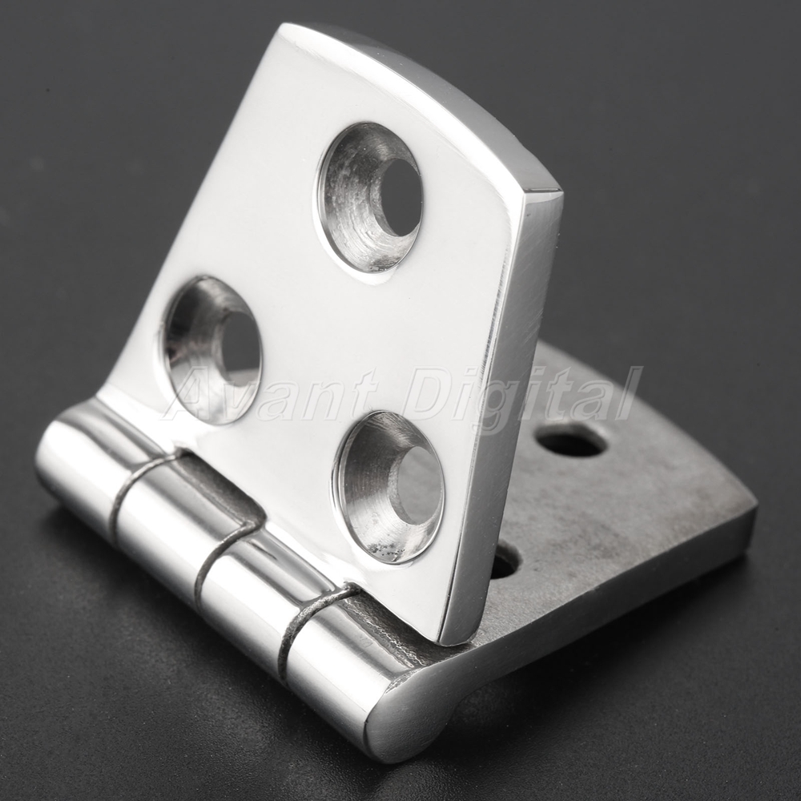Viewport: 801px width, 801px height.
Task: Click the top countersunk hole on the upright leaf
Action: [x=369, y=198]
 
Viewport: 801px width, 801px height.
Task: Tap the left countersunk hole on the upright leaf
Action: [x=213, y=351]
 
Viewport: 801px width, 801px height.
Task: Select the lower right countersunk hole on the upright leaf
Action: [x=388, y=487]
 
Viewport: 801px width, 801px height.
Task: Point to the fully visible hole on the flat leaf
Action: [x=571, y=441]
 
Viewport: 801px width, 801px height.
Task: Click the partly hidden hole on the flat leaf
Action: [x=505, y=562]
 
